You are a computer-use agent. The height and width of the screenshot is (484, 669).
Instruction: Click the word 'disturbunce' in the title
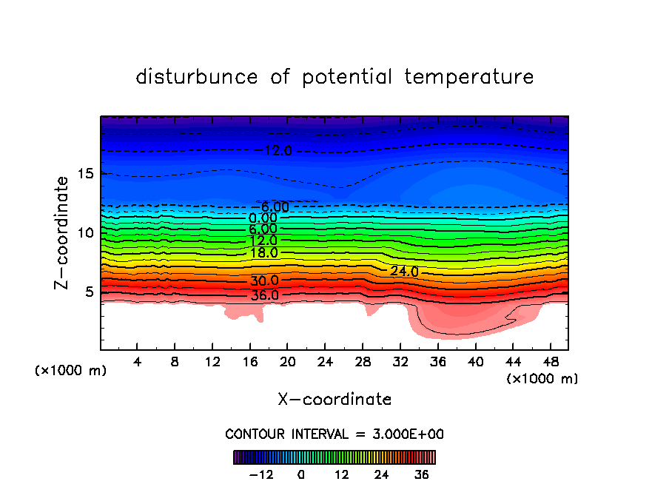click(x=197, y=77)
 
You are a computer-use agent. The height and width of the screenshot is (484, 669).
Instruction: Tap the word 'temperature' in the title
click(x=469, y=77)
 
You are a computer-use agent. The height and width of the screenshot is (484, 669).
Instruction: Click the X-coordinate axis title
click(x=334, y=400)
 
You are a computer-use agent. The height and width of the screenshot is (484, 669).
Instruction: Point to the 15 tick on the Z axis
click(x=85, y=174)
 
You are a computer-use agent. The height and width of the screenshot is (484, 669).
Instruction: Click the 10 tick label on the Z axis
click(x=85, y=232)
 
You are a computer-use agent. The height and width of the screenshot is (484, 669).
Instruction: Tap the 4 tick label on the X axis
click(x=138, y=362)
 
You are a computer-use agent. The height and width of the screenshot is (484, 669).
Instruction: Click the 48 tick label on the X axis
click(x=549, y=362)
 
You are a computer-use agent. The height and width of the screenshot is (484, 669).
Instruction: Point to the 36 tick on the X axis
click(x=437, y=362)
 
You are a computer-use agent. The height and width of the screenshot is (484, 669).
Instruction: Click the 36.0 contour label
click(x=264, y=295)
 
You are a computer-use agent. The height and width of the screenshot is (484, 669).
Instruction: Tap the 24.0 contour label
click(x=404, y=272)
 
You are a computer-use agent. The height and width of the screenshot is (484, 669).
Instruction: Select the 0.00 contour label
click(x=263, y=218)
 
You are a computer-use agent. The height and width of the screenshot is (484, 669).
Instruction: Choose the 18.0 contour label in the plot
click(x=263, y=252)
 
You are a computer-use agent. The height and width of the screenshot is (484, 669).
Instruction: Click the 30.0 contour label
click(x=264, y=281)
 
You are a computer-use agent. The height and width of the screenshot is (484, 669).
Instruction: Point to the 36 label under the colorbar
click(x=422, y=474)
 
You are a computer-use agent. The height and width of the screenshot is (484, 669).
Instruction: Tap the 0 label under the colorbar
click(x=301, y=474)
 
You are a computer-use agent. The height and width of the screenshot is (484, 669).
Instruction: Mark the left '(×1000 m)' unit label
click(x=71, y=370)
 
